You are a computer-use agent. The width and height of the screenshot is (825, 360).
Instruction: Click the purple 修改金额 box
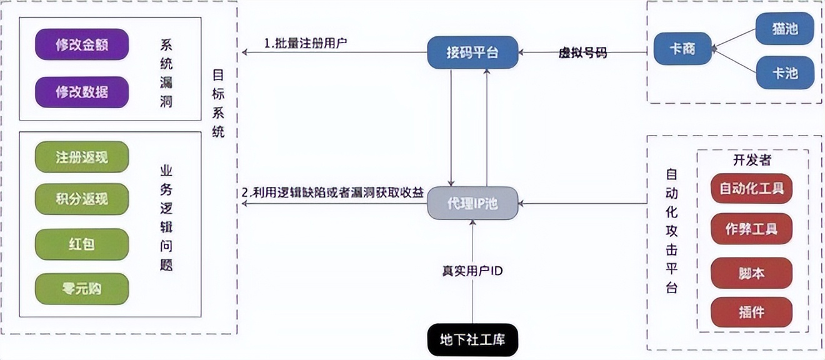point(82,44)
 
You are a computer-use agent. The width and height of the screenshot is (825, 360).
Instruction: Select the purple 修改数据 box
point(82,92)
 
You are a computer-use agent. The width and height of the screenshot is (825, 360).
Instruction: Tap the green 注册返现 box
point(82,156)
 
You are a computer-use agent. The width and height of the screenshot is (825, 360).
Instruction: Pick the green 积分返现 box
point(82,199)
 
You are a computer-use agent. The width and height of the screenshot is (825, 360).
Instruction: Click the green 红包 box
point(82,244)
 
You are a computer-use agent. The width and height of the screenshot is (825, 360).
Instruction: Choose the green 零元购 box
point(82,289)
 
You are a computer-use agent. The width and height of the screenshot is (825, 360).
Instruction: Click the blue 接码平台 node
point(472,52)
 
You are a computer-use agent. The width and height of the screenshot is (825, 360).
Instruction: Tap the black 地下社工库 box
point(472,340)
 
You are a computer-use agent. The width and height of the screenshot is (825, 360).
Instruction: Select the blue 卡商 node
point(682,49)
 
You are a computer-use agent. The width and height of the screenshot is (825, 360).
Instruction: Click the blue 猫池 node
point(785,28)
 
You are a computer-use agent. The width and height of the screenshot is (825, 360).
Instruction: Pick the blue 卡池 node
point(785,72)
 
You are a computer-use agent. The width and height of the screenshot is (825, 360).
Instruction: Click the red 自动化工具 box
point(751,188)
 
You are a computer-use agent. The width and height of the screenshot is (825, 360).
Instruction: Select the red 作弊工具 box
point(751,229)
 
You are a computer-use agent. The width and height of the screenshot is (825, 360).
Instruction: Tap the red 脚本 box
point(751,272)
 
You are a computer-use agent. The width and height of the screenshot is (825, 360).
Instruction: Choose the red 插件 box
point(751,312)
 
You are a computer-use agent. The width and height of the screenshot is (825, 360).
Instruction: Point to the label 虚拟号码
point(582,53)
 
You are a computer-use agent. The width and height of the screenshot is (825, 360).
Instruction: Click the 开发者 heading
point(752,160)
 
